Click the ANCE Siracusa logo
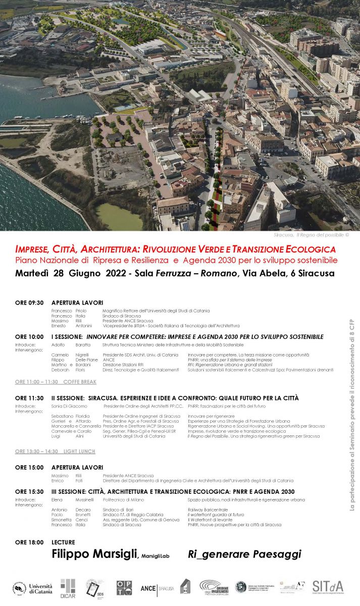(157, 588)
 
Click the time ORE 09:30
(29, 302)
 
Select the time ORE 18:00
(29, 542)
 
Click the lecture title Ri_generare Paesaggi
(244, 554)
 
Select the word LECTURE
(63, 542)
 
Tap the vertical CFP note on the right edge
(352, 414)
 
